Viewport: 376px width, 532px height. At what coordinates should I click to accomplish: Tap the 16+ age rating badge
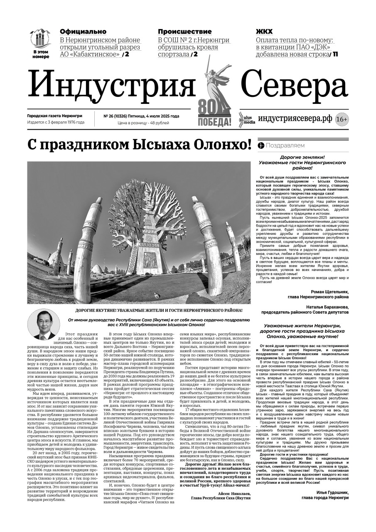(x=342, y=119)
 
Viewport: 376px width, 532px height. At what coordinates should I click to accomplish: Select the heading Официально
(x=83, y=32)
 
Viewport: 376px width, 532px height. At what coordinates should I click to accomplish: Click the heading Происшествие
(x=184, y=32)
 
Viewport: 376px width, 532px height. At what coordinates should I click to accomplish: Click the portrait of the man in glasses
(x=44, y=324)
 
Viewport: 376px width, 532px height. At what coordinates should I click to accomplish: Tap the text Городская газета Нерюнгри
(x=54, y=116)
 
